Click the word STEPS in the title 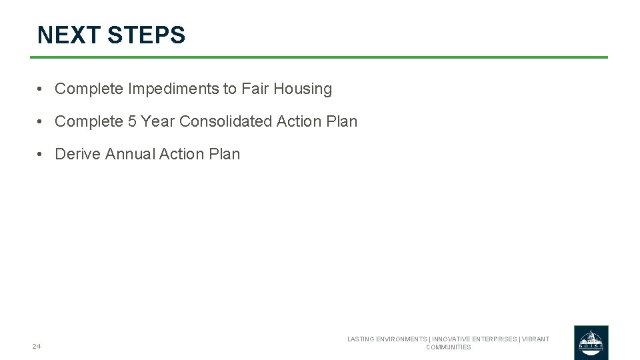(x=146, y=35)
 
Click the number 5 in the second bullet (x=132, y=121)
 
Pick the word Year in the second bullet (x=157, y=121)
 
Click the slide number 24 (x=36, y=346)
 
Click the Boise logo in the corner (x=591, y=342)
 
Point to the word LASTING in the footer (x=362, y=339)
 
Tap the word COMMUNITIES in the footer (x=449, y=347)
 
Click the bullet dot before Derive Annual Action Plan (x=41, y=154)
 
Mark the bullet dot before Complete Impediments (x=41, y=89)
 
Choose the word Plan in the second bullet (x=342, y=121)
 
